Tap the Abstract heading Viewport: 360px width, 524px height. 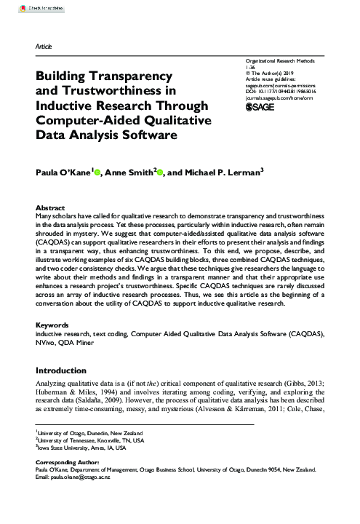click(x=50, y=186)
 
